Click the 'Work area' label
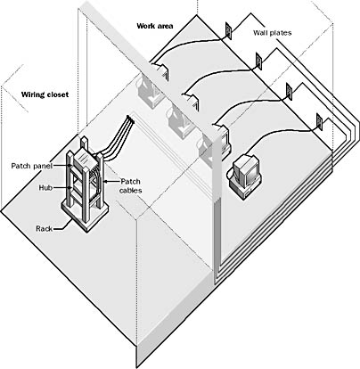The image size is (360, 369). click(x=155, y=26)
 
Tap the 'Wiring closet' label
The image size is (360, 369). click(x=45, y=94)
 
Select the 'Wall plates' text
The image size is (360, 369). click(x=273, y=33)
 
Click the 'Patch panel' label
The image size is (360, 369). click(x=32, y=166)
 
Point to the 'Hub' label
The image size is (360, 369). click(x=45, y=188)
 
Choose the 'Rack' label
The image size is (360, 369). click(x=44, y=229)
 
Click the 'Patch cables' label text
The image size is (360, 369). click(x=131, y=185)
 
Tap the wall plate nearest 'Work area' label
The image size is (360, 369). click(x=228, y=30)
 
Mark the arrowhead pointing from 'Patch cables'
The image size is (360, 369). click(x=104, y=181)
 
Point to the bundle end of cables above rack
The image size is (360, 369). click(x=130, y=119)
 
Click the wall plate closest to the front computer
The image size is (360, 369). click(x=319, y=122)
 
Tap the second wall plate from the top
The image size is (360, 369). click(x=258, y=61)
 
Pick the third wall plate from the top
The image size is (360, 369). click(x=289, y=92)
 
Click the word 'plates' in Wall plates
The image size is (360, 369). click(x=280, y=33)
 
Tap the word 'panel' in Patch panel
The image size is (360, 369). click(x=43, y=166)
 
